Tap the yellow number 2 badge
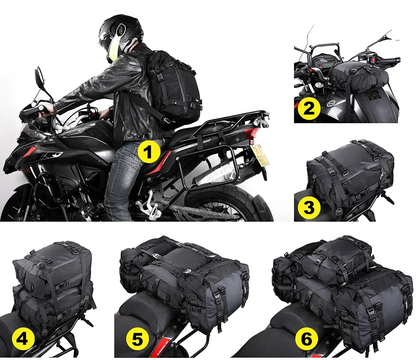[310, 109]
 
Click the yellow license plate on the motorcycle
[260, 154]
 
